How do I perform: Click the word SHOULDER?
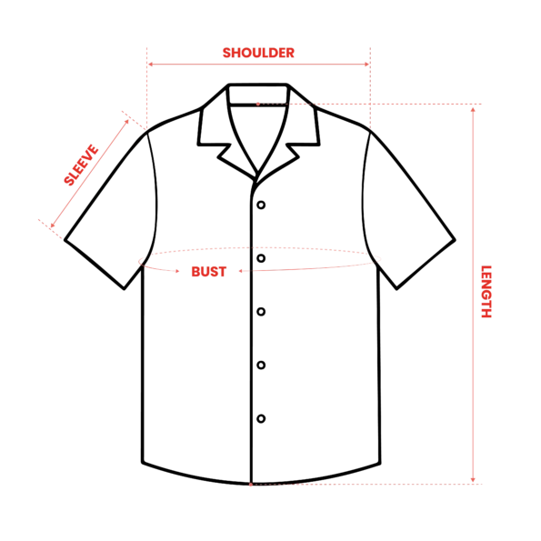258,53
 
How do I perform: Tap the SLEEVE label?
81,165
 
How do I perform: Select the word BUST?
209,272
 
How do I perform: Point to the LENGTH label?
486,292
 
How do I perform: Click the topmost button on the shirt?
261,205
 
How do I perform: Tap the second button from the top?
261,258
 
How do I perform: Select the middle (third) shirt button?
261,312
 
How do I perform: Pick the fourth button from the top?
261,365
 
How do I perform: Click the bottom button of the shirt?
261,418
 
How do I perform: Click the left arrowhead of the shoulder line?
150,65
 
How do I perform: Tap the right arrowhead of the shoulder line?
367,65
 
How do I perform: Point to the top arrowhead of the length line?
473,109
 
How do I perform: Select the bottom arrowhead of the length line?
473,479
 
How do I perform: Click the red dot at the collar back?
257,104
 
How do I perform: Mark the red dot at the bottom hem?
251,485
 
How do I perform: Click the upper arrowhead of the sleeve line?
126,122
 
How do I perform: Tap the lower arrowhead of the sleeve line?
53,225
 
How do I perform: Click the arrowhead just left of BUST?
177,271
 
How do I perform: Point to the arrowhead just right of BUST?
241,271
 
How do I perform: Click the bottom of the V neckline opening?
257,172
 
